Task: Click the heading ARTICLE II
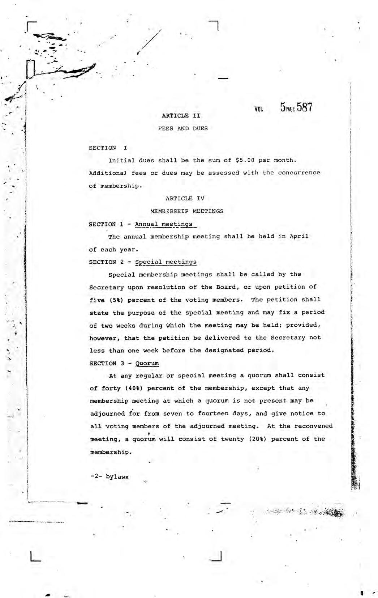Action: pos(181,116)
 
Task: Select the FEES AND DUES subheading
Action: pos(183,128)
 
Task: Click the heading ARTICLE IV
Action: pos(185,198)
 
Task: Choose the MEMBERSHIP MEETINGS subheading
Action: pos(186,211)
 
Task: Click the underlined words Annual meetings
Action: pos(164,224)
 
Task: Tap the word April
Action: pos(299,237)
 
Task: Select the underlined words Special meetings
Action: pos(166,262)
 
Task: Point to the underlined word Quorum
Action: pos(147,363)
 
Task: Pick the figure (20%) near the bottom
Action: pos(257,439)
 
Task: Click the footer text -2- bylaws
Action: pos(109,477)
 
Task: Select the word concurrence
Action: pos(299,173)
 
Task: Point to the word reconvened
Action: pos(313,426)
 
